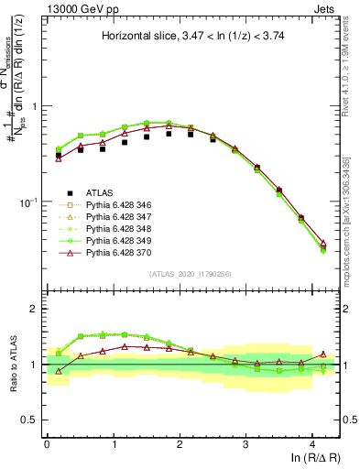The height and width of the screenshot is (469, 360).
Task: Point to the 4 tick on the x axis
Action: [312, 442]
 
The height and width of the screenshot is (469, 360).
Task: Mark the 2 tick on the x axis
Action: [180, 442]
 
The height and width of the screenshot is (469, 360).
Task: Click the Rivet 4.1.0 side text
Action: [352, 55]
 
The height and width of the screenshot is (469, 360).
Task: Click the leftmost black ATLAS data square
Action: [59, 155]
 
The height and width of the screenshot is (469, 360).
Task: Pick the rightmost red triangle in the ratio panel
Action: [322, 354]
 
